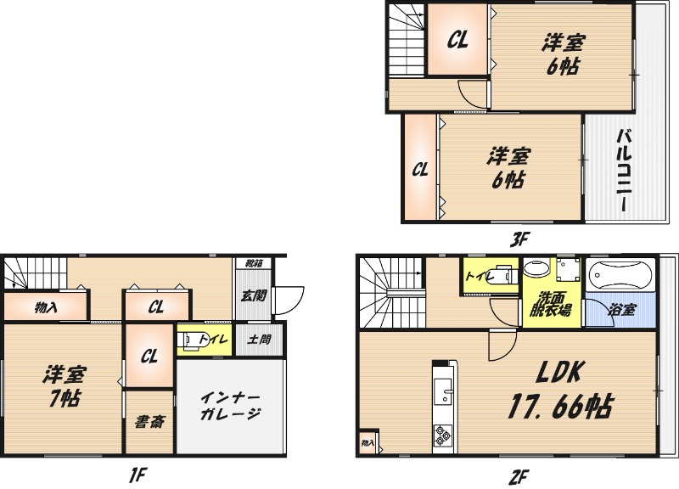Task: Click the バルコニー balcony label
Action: coord(624,171)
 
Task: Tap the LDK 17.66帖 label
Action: coord(559,390)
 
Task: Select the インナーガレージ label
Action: coord(230,406)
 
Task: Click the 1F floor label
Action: coord(138,475)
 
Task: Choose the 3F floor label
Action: coord(519,239)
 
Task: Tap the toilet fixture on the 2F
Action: coord(502,273)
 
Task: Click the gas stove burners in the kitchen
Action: coord(442,436)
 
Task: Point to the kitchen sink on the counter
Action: coord(442,391)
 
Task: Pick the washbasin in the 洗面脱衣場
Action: coord(536,268)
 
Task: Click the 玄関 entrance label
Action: coord(253,295)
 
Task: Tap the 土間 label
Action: coord(260,339)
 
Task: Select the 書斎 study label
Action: coord(149,421)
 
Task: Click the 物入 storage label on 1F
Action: coord(46,308)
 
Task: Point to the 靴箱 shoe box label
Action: coord(253,263)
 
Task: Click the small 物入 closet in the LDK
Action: coord(368,442)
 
